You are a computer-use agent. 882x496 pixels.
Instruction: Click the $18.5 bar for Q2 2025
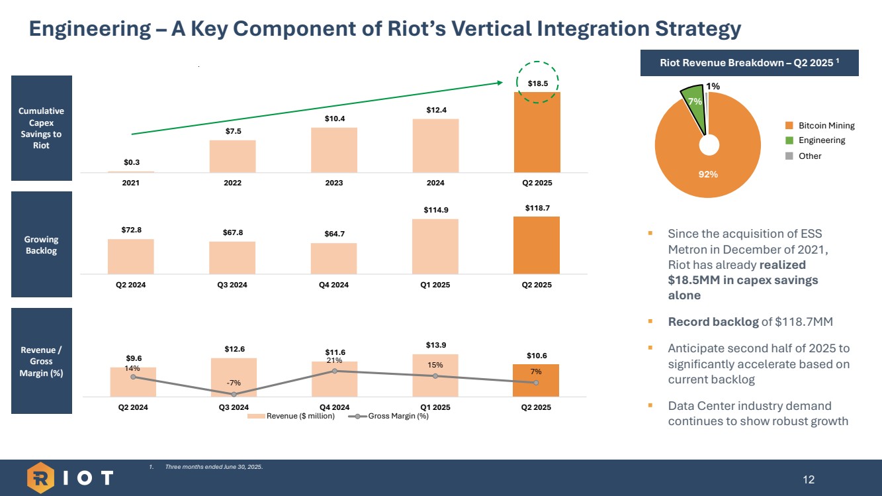(537, 132)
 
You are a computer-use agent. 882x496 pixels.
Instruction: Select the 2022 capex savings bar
(232, 156)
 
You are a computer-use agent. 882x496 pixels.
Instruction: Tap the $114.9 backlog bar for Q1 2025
(435, 246)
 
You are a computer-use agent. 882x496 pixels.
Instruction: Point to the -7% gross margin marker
(234, 394)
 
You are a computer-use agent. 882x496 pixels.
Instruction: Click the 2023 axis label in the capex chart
(334, 183)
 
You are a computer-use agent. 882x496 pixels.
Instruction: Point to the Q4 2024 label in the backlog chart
(333, 285)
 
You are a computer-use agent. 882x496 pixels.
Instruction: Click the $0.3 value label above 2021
(131, 162)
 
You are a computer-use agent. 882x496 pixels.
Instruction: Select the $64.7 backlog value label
(333, 234)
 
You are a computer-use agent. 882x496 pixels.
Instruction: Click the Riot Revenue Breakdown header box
(750, 63)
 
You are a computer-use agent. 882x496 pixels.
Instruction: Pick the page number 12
(809, 479)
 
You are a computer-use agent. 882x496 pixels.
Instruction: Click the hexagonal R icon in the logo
(41, 477)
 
